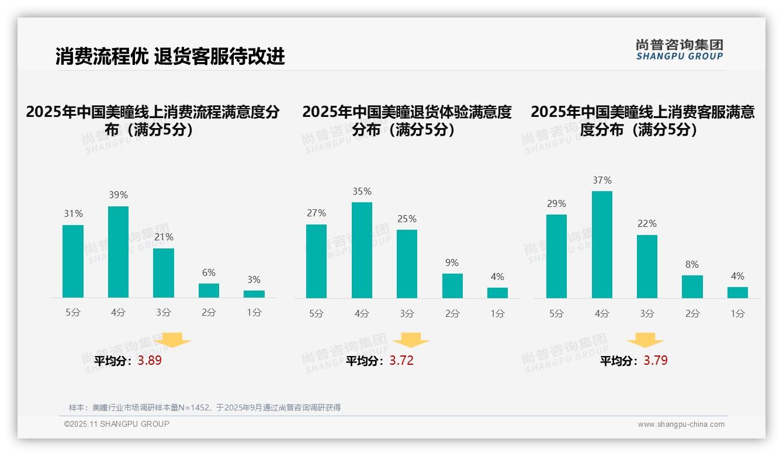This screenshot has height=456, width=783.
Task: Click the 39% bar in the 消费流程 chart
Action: (x=118, y=252)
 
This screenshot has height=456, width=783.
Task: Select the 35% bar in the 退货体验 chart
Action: (x=362, y=250)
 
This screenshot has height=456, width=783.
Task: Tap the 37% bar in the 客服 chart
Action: (x=602, y=244)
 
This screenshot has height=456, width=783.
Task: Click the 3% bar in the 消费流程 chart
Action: (x=254, y=294)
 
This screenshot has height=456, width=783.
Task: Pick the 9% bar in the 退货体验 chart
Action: (x=452, y=286)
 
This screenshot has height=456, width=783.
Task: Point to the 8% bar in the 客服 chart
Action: (x=692, y=286)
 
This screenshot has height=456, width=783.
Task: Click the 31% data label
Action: (x=73, y=214)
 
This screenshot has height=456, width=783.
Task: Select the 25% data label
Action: (x=407, y=219)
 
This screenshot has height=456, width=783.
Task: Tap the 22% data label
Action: (x=647, y=224)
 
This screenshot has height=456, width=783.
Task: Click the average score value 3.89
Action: (x=150, y=361)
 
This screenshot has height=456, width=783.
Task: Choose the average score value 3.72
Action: (x=401, y=361)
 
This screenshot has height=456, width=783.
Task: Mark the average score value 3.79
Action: (x=656, y=361)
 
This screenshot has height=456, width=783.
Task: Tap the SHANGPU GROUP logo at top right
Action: (x=680, y=50)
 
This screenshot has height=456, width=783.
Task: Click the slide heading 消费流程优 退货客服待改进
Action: (x=170, y=56)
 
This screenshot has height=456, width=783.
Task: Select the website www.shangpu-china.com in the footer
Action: (x=681, y=424)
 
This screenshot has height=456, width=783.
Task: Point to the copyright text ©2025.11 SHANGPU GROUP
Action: (x=117, y=424)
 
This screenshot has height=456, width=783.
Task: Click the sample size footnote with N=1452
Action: (x=205, y=407)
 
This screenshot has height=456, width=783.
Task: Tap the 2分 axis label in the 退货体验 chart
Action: (x=452, y=314)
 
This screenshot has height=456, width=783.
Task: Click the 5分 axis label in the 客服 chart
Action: (x=556, y=314)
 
